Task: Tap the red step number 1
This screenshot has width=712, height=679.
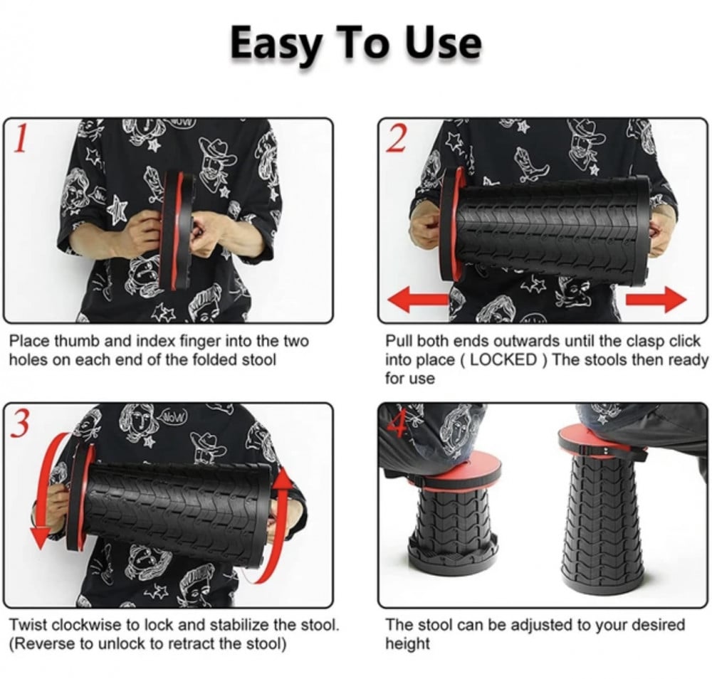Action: (x=19, y=138)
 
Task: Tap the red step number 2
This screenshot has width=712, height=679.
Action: (x=397, y=138)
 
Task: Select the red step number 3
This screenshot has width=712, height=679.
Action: (x=19, y=423)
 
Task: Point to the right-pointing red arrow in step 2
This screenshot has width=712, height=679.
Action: (x=656, y=299)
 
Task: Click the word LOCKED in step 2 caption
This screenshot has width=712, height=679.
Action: (x=503, y=360)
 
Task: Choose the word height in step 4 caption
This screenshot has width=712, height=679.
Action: (x=407, y=644)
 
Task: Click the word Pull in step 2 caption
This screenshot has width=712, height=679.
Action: (x=397, y=341)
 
